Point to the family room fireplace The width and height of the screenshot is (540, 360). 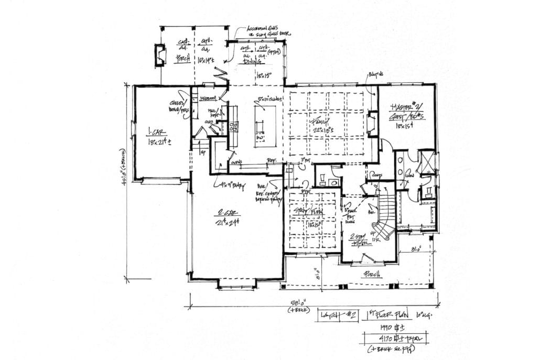click(x=373, y=124)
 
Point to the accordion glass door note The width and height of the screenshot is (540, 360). click(x=269, y=32)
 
